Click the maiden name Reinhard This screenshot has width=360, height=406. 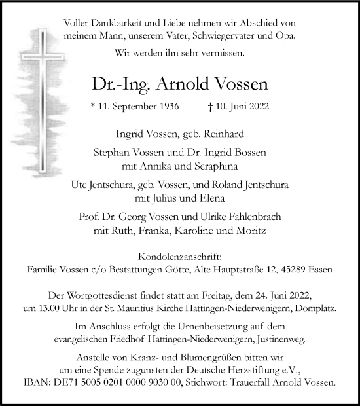pos(223,134)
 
